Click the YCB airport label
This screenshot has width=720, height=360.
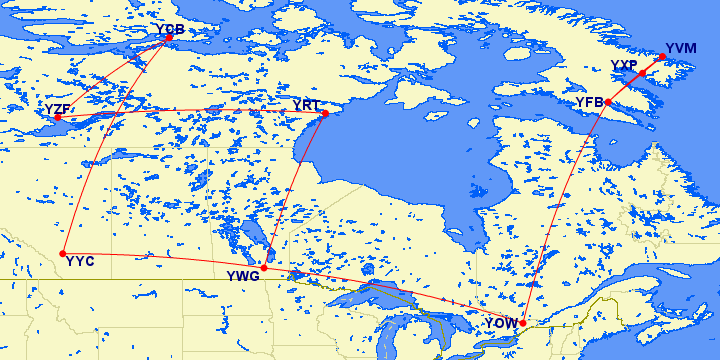[171, 30]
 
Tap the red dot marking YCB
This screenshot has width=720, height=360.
[167, 39]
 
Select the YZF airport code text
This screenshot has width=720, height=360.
[57, 108]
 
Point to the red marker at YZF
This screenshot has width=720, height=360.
[58, 118]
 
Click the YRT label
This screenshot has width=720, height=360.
[306, 105]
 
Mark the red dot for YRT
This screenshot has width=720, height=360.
[324, 114]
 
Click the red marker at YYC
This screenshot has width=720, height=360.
[63, 253]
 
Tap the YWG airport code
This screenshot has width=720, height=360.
[243, 276]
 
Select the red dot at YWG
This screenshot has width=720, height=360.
[264, 267]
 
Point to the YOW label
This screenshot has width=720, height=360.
[500, 324]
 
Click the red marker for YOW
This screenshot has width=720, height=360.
[522, 322]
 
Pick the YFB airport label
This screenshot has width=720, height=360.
[589, 102]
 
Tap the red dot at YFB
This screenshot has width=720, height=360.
[608, 102]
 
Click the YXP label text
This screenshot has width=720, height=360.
[624, 65]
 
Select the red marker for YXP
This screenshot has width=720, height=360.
[642, 73]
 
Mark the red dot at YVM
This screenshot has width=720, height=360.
[662, 57]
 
